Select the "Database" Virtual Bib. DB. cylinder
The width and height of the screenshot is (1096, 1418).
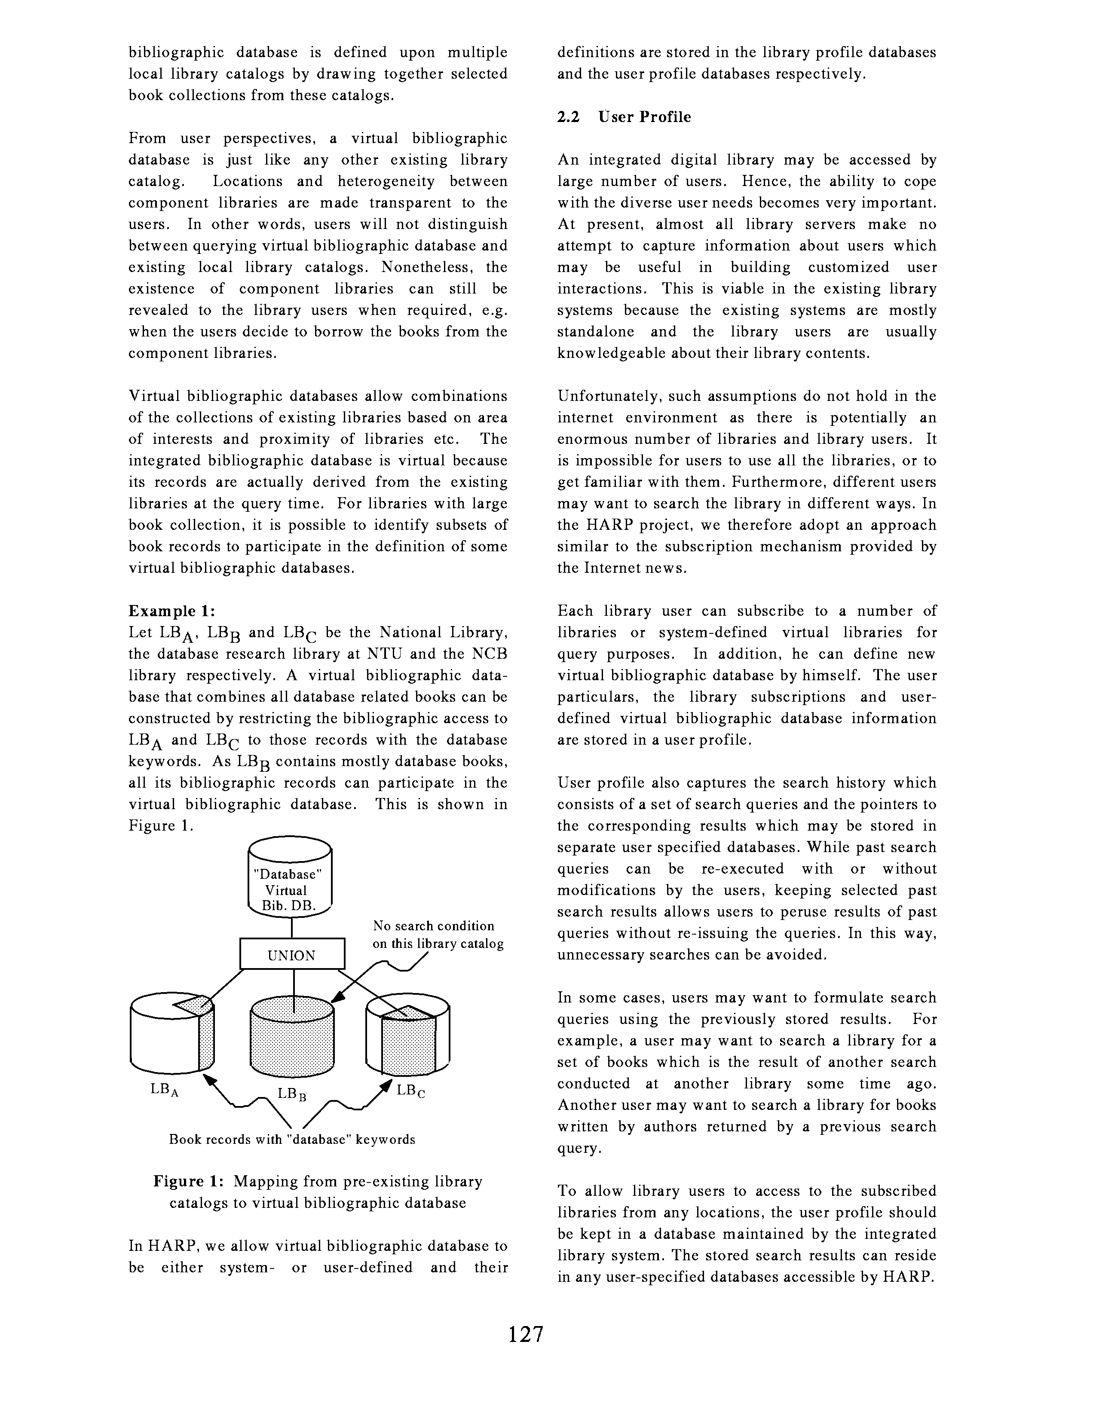tap(290, 879)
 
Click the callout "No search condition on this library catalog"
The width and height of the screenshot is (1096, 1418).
tap(438, 934)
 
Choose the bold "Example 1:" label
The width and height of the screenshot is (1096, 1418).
tap(171, 611)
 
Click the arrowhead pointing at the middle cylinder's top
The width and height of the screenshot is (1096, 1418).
tap(337, 1000)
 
